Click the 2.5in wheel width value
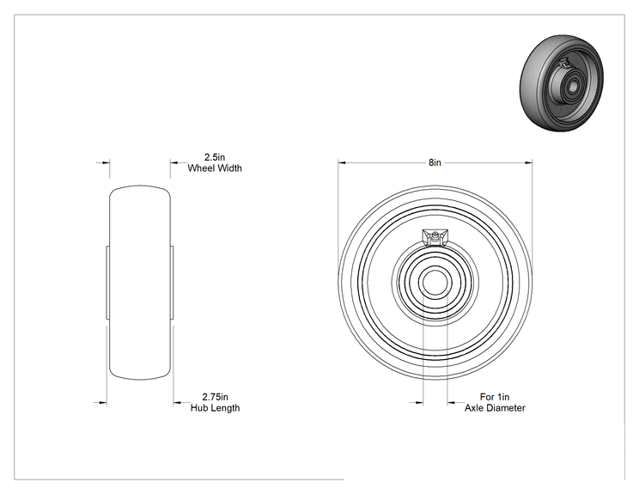coord(215,157)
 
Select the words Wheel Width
coord(215,168)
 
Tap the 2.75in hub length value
coord(216,397)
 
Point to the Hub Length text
coord(216,408)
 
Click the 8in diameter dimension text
coord(435,162)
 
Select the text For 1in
coord(495,397)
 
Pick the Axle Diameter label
coord(495,408)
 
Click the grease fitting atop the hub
coord(435,237)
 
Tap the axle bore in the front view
coord(435,282)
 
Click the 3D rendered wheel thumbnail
coord(562,83)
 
